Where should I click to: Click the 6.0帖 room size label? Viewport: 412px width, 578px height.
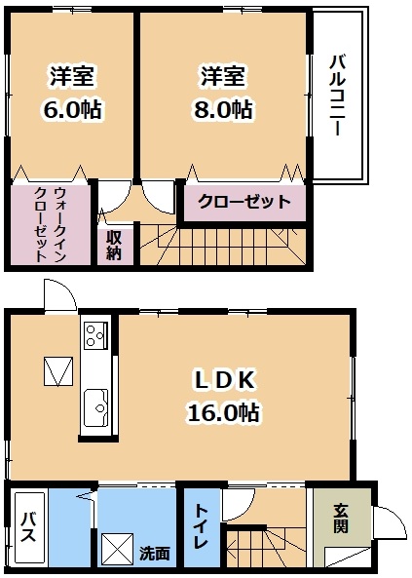point(73,109)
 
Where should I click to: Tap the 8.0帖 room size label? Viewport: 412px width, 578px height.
point(223,109)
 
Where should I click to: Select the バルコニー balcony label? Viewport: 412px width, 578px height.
point(337,96)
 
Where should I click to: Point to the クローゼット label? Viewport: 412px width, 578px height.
point(244,202)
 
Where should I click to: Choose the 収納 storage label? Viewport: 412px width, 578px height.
point(114,246)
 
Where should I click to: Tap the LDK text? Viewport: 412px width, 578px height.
point(224,381)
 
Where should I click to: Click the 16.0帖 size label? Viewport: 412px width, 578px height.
point(224,412)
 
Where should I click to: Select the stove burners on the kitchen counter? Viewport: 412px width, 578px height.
point(95,336)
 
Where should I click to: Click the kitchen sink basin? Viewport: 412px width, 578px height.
point(95,407)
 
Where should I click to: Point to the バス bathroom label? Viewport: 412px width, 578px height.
point(28,527)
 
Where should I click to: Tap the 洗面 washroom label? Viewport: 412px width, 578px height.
point(155,553)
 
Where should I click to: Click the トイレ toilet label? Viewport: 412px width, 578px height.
point(202,526)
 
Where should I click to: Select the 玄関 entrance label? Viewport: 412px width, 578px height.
point(341,518)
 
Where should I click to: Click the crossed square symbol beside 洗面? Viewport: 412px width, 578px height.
point(117,550)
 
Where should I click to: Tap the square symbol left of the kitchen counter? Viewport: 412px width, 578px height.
point(58,371)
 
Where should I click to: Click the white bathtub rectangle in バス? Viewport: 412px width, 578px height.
point(29,527)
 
